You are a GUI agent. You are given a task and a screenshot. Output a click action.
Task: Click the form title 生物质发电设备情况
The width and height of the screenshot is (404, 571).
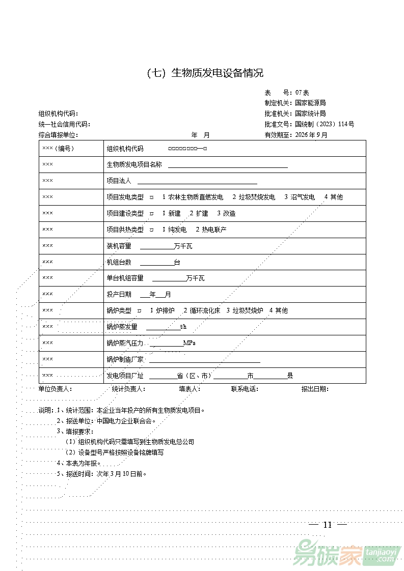pyautogui.click(x=218, y=73)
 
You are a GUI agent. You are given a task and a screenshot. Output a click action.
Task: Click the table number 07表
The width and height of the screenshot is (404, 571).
pyautogui.click(x=302, y=93)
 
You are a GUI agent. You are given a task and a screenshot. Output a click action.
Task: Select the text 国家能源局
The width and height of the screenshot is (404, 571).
pyautogui.click(x=310, y=103)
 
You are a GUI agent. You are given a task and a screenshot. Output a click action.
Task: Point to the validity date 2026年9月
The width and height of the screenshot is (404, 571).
pyautogui.click(x=311, y=135)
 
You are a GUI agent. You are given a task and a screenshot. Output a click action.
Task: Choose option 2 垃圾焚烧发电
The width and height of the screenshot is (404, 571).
pyautogui.click(x=254, y=197)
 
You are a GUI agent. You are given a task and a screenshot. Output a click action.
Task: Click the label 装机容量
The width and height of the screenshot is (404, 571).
pyautogui.click(x=119, y=246)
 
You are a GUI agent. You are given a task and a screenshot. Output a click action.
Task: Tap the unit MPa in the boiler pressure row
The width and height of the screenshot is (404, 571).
pyautogui.click(x=189, y=343)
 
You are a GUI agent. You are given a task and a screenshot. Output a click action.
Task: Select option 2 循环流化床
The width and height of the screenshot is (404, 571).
pyautogui.click(x=202, y=310)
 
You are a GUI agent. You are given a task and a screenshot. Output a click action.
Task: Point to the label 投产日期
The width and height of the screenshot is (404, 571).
pyautogui.click(x=119, y=294)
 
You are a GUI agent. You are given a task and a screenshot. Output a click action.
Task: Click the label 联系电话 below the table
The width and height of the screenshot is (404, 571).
pyautogui.click(x=245, y=389)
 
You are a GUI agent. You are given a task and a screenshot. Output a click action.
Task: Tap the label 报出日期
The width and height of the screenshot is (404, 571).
pyautogui.click(x=315, y=389)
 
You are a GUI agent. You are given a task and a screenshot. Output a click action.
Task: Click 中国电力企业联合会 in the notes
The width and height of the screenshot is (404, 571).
pyautogui.click(x=125, y=421)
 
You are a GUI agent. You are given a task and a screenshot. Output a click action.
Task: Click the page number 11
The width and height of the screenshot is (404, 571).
pyautogui.click(x=328, y=525)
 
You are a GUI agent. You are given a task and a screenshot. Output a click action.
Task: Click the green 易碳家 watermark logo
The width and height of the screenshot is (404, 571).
pyautogui.click(x=327, y=555)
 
